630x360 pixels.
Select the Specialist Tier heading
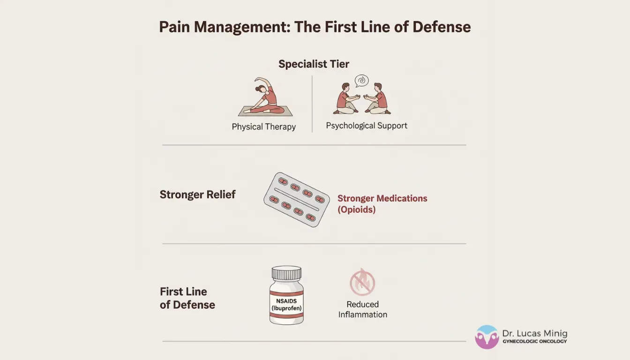pos(314,64)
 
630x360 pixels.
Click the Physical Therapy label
pos(263,127)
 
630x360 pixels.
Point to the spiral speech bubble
pos(361,81)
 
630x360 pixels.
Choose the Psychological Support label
pos(367,126)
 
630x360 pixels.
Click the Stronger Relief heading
pos(197,195)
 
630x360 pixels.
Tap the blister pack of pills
pos(296,199)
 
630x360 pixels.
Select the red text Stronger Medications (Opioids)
pos(382,204)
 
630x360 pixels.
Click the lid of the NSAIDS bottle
pos(286,273)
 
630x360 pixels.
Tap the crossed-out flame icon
pos(362,282)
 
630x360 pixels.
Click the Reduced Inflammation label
pos(363,309)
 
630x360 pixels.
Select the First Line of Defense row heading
pos(187,298)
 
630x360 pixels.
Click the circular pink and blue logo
pos(487,337)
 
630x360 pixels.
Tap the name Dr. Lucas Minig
pos(534,334)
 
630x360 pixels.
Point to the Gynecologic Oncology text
pos(534,342)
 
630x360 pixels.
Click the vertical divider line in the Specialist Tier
pos(312,104)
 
